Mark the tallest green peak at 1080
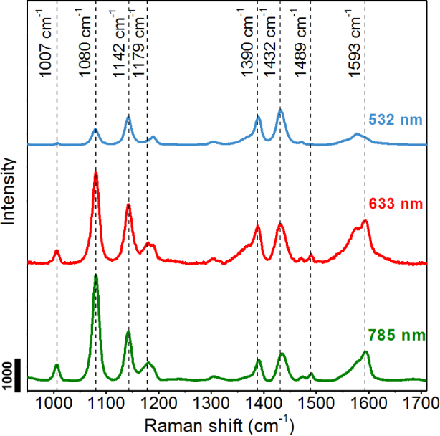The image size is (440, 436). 95,277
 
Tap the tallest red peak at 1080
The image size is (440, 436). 95,174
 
